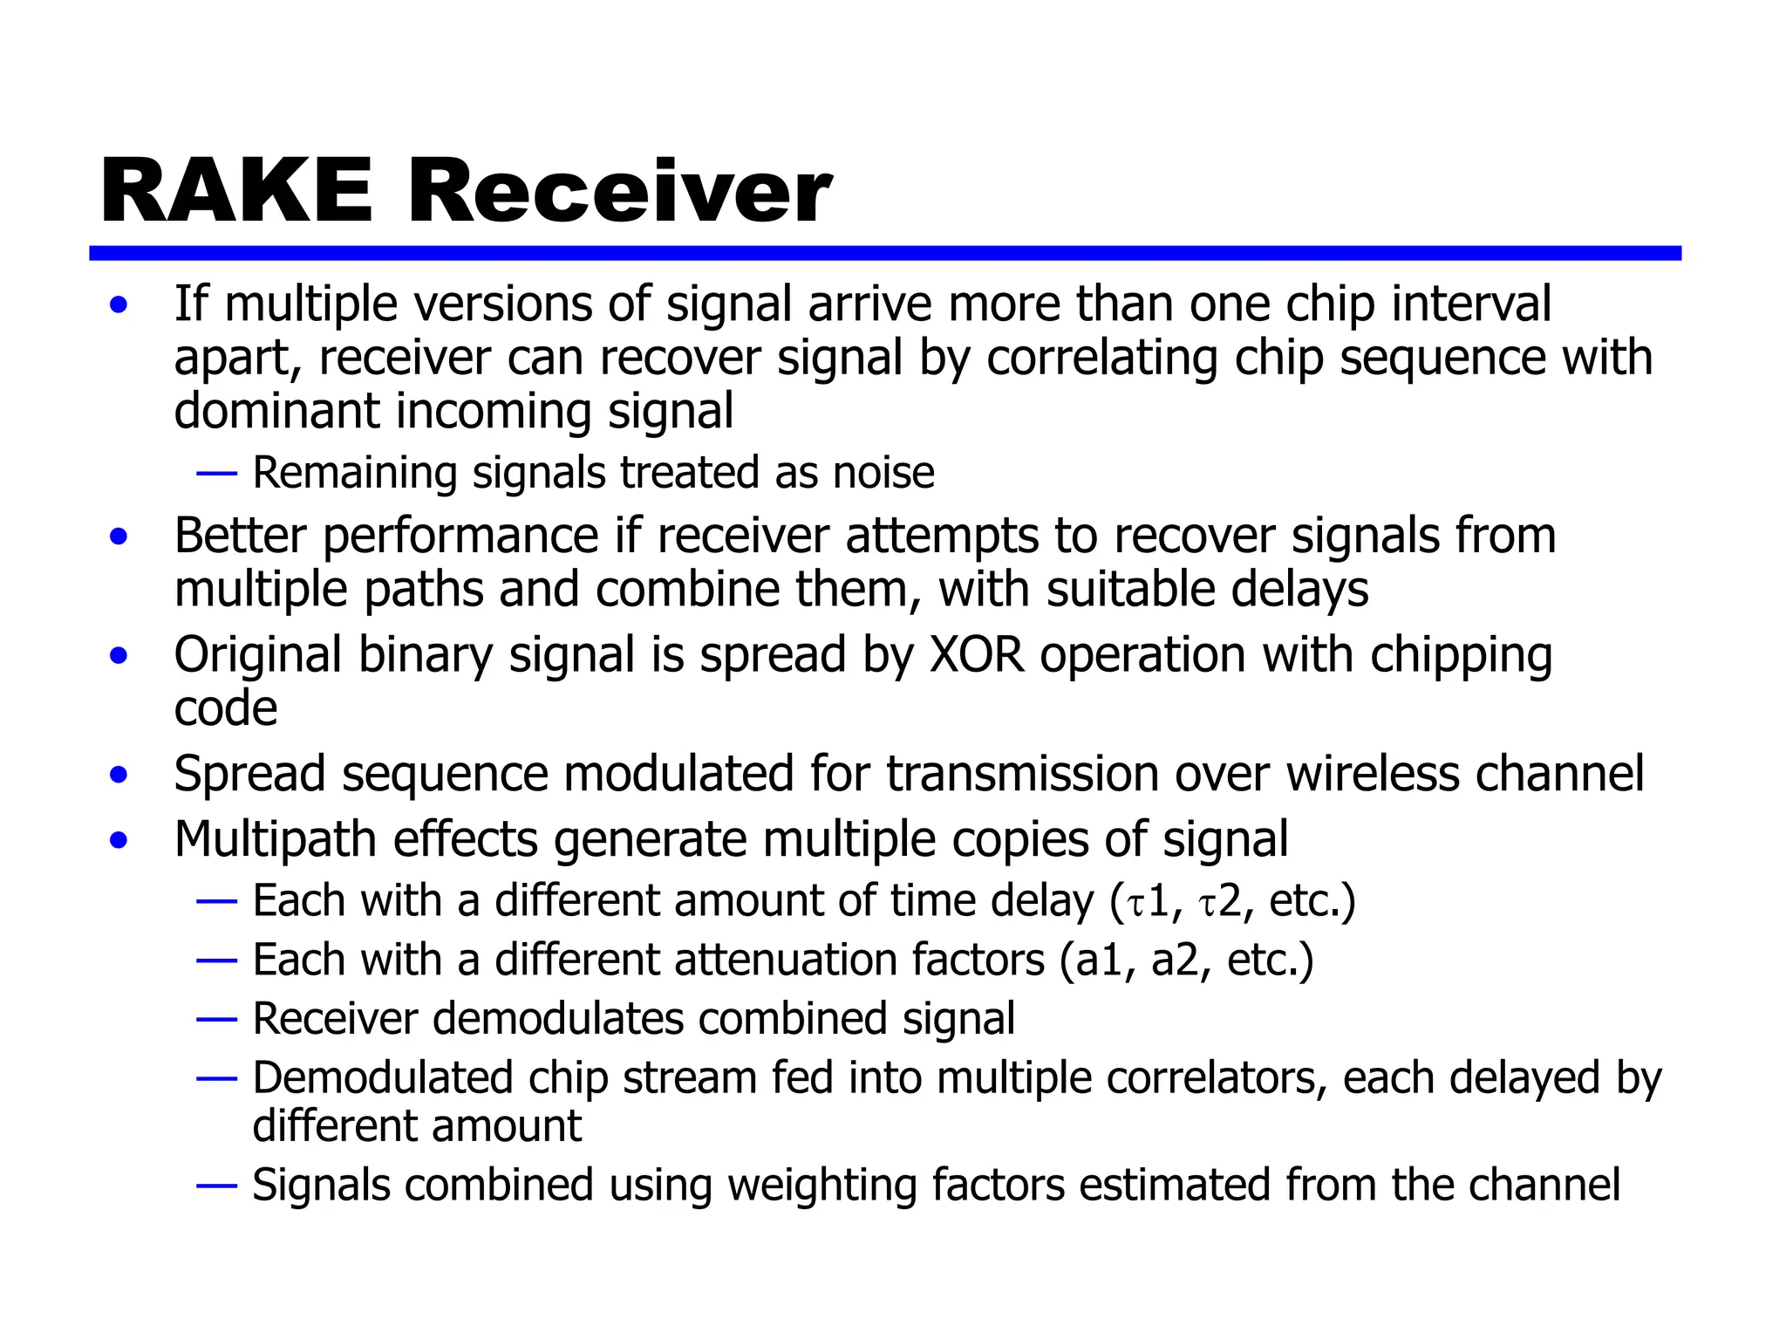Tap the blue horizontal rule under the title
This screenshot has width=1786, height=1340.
pos(884,253)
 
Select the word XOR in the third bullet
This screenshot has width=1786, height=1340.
pos(977,654)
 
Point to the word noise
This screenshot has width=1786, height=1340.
pos(883,473)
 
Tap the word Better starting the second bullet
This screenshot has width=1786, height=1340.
pos(240,536)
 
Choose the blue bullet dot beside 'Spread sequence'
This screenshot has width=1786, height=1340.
pos(119,775)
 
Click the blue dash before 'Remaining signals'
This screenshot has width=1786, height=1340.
pos(216,474)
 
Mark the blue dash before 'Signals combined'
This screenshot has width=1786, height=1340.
pos(216,1186)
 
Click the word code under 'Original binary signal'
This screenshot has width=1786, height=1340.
pos(226,708)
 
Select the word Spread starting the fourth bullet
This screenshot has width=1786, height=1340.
pos(249,774)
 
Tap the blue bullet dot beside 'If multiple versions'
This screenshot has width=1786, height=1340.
pos(119,305)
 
